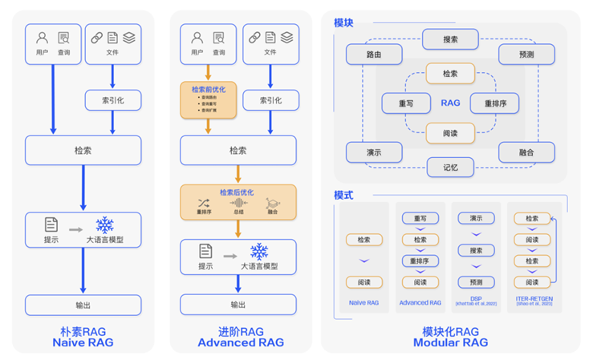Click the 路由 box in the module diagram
click(x=373, y=55)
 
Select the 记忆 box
click(x=450, y=168)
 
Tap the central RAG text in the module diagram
click(x=450, y=103)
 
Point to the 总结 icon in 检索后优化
click(x=238, y=204)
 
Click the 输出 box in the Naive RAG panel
click(x=83, y=305)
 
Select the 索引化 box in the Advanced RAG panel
click(x=270, y=100)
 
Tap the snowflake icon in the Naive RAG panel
click(x=105, y=225)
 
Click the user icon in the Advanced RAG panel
click(x=197, y=38)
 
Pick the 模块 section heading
click(x=343, y=22)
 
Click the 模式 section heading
click(x=343, y=195)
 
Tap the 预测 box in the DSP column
click(x=476, y=282)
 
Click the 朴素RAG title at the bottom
click(x=83, y=331)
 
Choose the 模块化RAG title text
click(x=450, y=331)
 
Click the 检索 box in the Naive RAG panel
click(x=83, y=150)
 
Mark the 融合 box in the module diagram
click(x=526, y=152)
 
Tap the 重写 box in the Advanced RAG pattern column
click(x=420, y=218)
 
